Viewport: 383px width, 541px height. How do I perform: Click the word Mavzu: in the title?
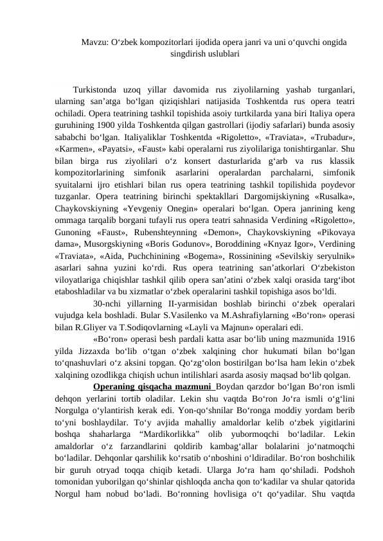pos(94,43)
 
